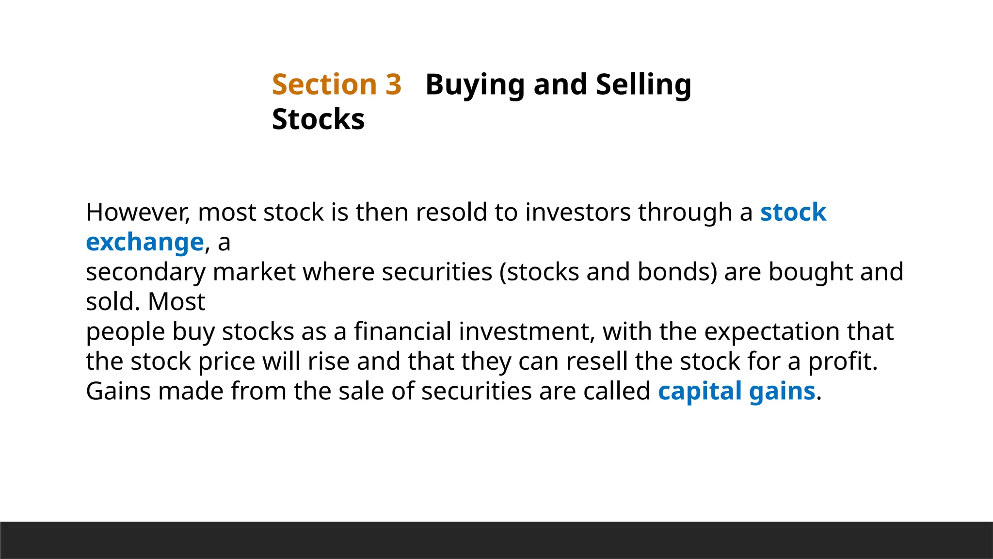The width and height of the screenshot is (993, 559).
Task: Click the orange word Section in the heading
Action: tap(324, 84)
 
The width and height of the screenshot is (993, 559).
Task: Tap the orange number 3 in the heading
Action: tap(394, 84)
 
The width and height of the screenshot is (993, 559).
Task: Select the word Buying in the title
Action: tap(475, 85)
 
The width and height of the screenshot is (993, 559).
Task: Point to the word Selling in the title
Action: tap(643, 85)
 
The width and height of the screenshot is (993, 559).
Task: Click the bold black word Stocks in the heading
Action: tap(318, 119)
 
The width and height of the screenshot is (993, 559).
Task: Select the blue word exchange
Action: tap(144, 242)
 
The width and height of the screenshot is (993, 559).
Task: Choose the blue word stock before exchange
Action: tap(793, 212)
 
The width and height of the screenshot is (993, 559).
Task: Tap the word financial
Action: tap(402, 331)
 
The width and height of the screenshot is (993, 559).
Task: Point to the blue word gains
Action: tap(782, 392)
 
